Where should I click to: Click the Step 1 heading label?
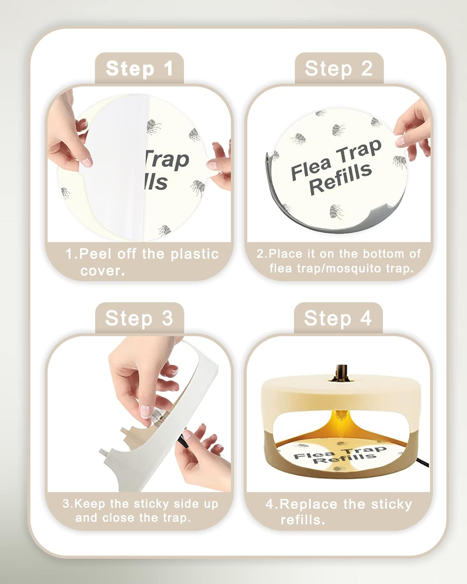point(140,69)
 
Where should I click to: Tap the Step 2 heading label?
point(339,69)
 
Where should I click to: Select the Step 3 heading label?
point(139,318)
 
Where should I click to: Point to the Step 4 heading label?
point(338,318)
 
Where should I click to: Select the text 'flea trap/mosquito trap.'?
point(341,269)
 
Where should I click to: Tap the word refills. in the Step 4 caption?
point(302,519)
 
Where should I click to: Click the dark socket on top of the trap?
point(340,372)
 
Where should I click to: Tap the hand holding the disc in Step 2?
point(414,128)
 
